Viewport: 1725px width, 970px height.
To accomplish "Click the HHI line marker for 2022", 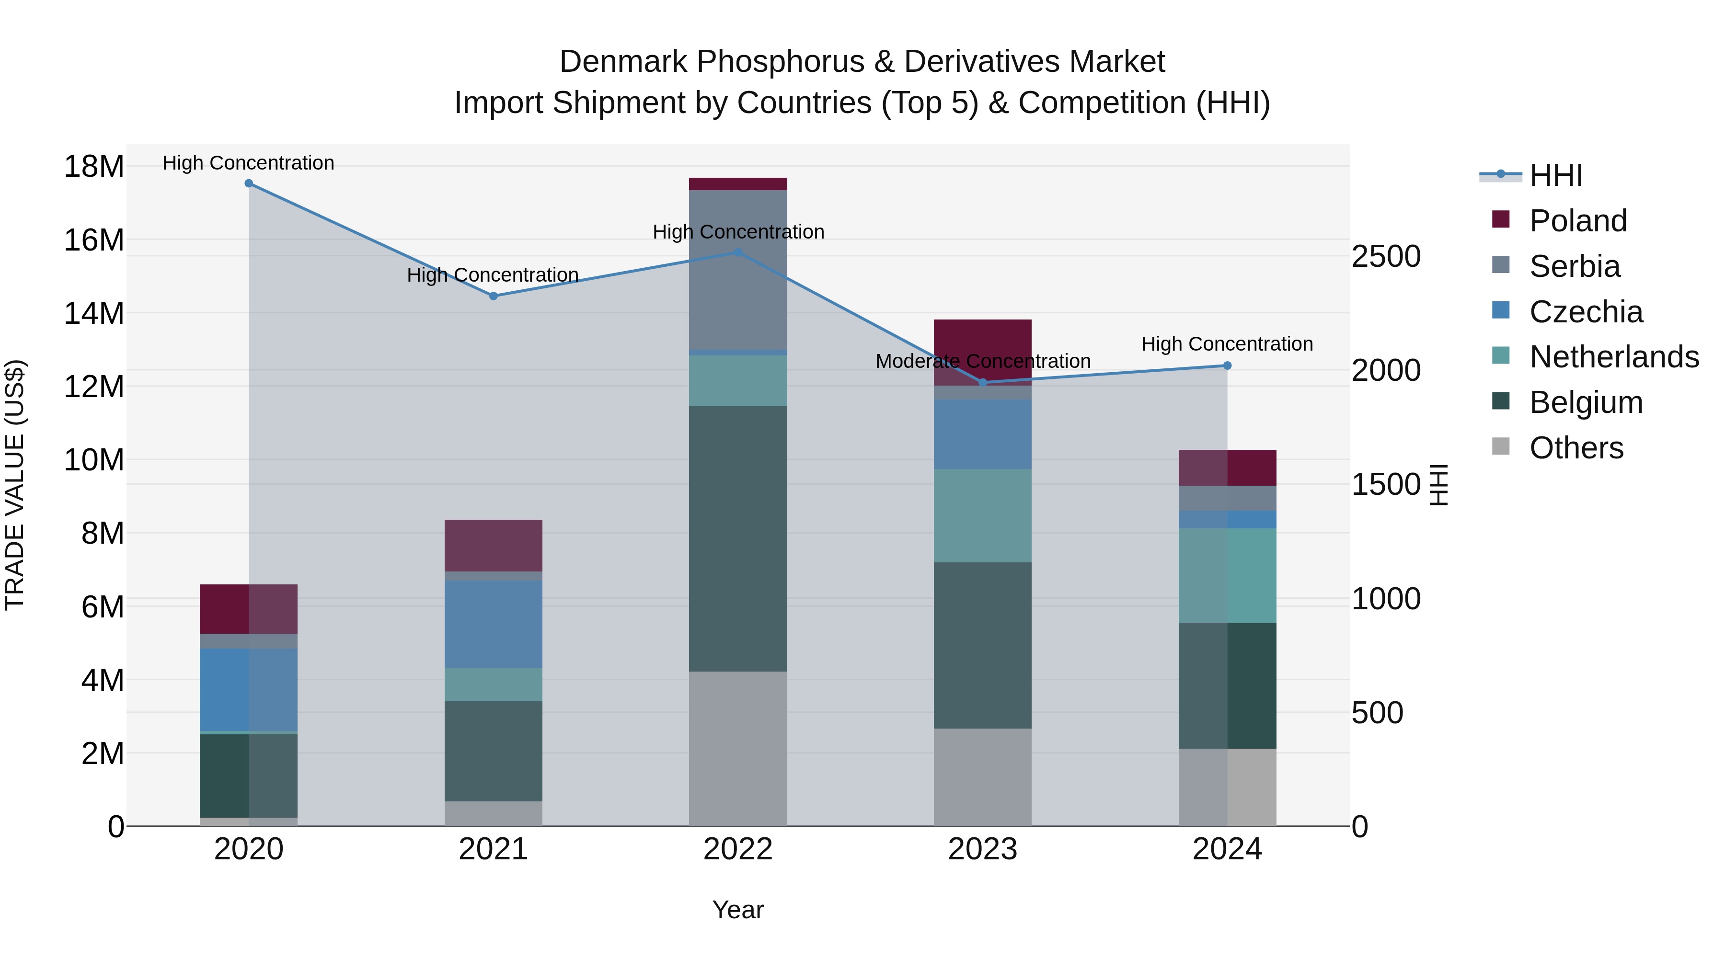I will click(x=738, y=252).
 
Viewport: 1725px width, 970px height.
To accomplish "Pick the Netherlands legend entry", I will click(x=1613, y=357).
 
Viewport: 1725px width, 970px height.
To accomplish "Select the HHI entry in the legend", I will click(x=1555, y=175).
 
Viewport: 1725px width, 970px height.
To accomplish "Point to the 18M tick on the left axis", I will click(x=94, y=166).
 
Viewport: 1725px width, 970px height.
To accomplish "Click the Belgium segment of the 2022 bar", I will click(x=738, y=539).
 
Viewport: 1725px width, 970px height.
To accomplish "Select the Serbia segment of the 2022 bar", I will click(x=738, y=270).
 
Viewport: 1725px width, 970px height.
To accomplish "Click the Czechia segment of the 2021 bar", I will click(x=494, y=624).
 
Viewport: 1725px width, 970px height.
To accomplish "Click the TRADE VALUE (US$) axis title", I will click(x=15, y=485).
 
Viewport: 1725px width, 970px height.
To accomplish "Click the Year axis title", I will click(x=738, y=911).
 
